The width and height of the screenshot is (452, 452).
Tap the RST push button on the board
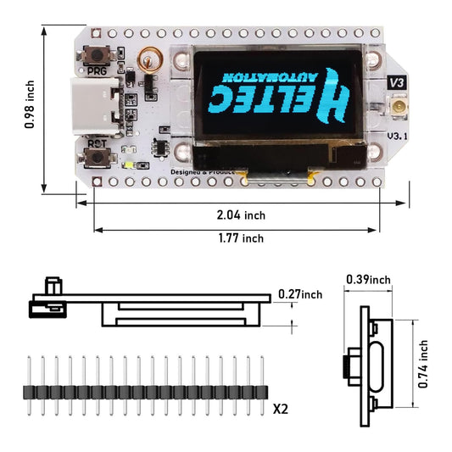(95, 159)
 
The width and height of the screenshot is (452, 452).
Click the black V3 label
(395, 82)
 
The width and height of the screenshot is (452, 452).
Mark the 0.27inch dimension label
(300, 295)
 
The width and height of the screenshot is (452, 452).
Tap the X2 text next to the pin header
(281, 408)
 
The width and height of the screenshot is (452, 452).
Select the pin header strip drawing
(144, 392)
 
